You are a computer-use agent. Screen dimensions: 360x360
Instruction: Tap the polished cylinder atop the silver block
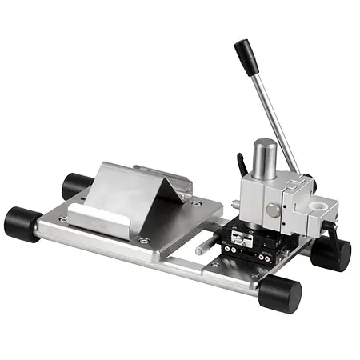coord(265,157)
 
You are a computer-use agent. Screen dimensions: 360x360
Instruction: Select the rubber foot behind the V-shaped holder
coord(76,185)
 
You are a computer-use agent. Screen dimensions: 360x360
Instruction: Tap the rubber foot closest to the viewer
coord(281,294)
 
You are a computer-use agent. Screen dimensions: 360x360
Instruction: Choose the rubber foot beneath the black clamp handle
coord(331,254)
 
